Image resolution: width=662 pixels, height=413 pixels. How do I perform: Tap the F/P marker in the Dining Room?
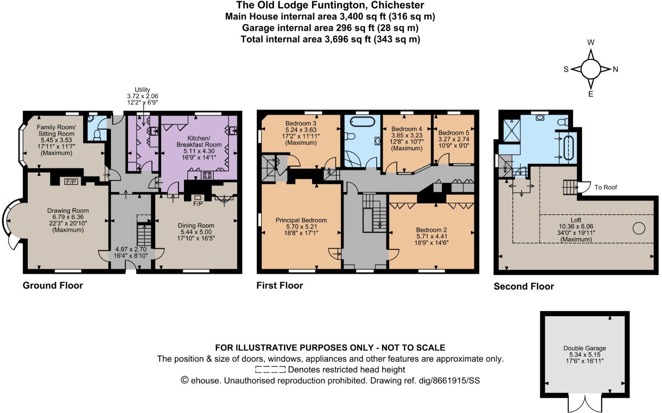198,204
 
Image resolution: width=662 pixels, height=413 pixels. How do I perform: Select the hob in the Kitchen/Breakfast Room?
207,175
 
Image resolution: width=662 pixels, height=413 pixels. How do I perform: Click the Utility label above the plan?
142,90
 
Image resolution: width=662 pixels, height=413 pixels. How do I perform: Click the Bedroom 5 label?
454,133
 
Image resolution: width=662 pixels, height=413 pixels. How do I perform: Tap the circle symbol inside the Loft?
638,229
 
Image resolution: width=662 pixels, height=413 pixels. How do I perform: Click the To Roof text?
606,187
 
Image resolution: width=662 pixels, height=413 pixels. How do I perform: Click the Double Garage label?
584,348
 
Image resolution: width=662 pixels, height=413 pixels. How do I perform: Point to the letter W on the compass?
591,42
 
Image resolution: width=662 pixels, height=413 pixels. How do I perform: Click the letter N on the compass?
615,70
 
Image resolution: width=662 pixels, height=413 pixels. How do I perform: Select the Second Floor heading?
523,286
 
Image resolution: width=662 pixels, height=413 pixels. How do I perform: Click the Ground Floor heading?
53,285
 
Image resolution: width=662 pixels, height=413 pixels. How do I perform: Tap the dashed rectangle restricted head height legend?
270,370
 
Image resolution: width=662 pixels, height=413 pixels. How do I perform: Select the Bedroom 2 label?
431,230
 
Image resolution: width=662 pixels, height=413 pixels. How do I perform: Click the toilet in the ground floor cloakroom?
97,134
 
